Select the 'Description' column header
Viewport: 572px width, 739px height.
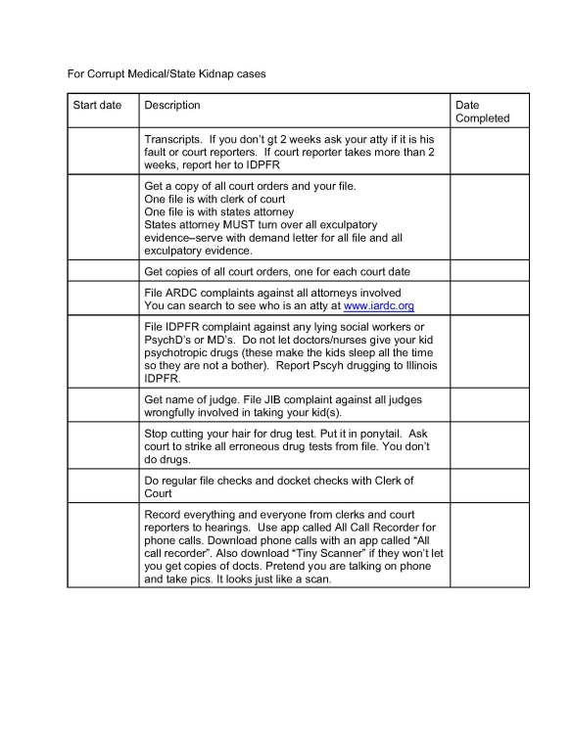click(172, 105)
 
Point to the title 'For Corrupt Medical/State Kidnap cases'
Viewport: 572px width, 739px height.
click(166, 73)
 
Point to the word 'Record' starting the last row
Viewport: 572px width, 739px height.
click(164, 515)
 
